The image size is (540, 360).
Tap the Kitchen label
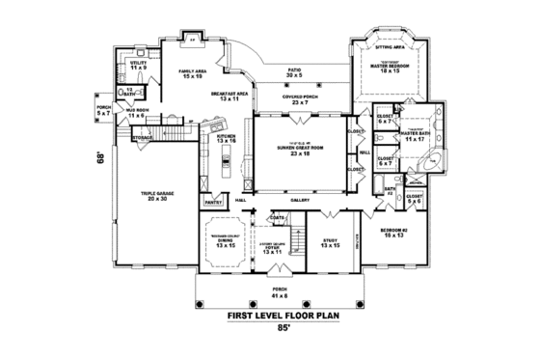(x=226, y=139)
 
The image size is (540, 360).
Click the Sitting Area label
(x=394, y=43)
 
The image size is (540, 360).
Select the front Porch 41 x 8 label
(x=280, y=290)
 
